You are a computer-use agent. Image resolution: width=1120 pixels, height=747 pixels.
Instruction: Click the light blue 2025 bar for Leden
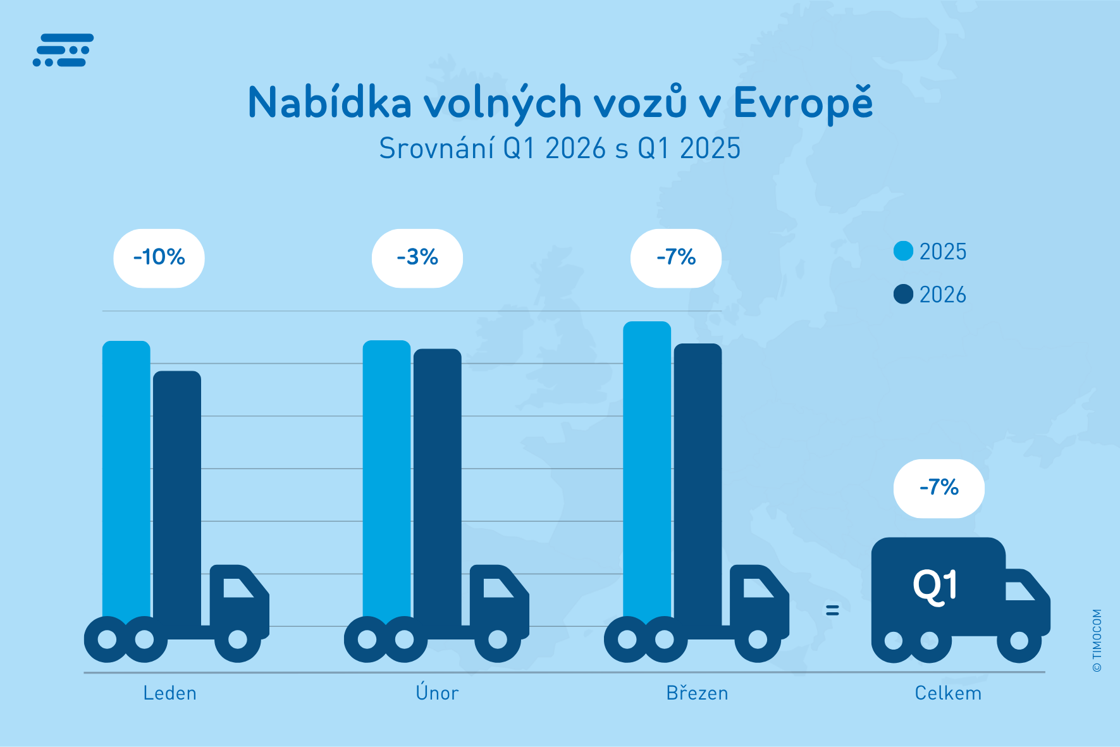(126, 481)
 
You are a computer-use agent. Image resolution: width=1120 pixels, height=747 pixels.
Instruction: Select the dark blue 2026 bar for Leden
(177, 497)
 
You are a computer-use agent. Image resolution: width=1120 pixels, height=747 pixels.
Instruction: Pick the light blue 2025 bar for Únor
(386, 481)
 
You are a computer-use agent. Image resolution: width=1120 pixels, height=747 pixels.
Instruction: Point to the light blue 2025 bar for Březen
(647, 471)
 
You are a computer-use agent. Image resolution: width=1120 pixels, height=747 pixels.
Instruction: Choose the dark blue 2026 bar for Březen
(698, 484)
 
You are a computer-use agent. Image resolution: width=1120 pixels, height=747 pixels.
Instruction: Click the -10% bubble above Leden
(159, 258)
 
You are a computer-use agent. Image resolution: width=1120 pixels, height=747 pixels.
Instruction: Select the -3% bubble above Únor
(417, 258)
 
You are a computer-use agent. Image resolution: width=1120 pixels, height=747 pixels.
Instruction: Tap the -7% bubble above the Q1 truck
(939, 488)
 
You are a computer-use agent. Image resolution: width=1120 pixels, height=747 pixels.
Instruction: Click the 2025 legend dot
(903, 251)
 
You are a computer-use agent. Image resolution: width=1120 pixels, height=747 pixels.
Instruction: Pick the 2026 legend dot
(903, 294)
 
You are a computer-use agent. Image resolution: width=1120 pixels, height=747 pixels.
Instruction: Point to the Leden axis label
(170, 693)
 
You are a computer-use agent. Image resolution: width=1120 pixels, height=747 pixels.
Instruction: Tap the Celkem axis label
(948, 693)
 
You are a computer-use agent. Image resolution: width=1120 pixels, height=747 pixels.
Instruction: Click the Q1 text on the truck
(935, 587)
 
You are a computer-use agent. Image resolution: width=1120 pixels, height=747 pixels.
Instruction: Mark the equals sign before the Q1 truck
(832, 610)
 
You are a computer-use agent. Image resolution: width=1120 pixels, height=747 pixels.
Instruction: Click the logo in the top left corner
(63, 50)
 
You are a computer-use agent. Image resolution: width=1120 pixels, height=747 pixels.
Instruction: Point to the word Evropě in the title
(803, 102)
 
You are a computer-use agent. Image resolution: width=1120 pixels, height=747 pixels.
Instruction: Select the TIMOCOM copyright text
(1097, 640)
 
